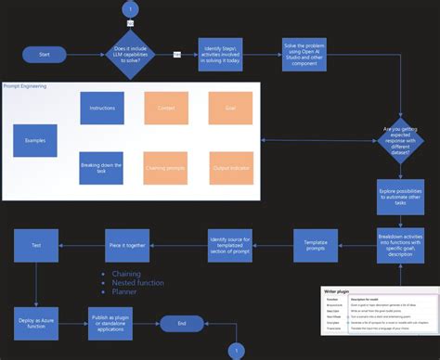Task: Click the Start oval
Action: (45, 54)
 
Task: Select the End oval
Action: (182, 324)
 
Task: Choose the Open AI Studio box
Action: (305, 55)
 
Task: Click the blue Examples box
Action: (41, 140)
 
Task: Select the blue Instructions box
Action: (102, 109)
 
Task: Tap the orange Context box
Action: (166, 109)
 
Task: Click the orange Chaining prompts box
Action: (166, 168)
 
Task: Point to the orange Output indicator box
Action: (231, 168)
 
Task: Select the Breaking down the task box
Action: (102, 168)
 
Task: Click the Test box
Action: (36, 245)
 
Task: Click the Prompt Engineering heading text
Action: (25, 86)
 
